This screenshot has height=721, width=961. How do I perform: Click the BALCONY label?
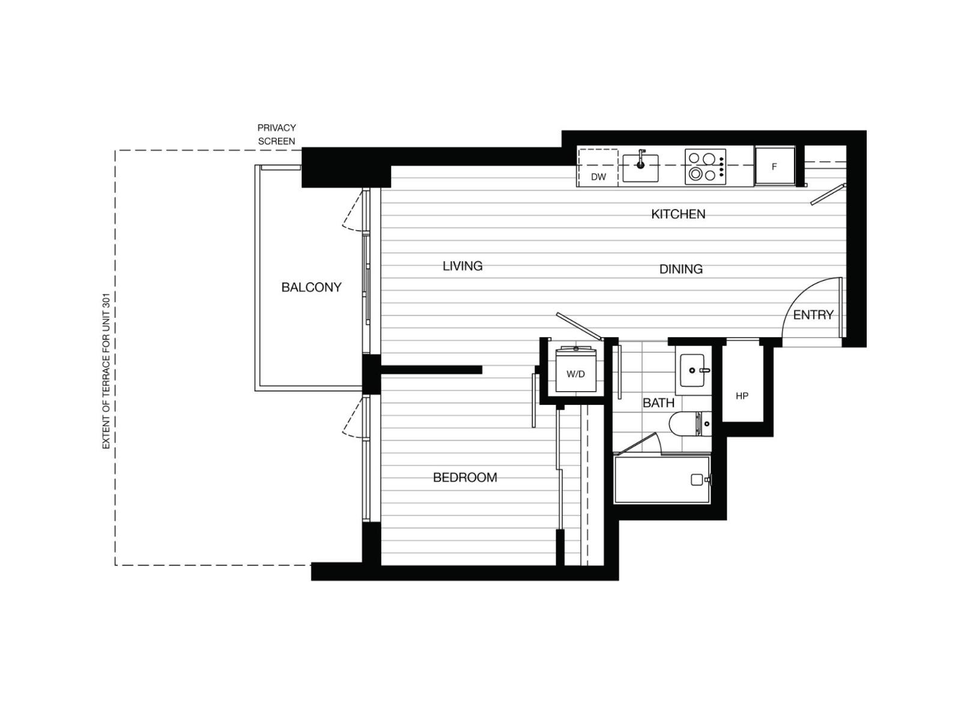(311, 287)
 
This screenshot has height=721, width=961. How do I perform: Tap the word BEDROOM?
(465, 477)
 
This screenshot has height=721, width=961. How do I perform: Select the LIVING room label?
(462, 266)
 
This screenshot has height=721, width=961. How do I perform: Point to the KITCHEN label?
(678, 214)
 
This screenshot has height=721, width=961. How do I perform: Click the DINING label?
(681, 269)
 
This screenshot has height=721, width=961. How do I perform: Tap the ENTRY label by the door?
(813, 315)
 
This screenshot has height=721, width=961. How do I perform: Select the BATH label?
(658, 403)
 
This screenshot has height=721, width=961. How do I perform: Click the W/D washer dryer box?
(575, 373)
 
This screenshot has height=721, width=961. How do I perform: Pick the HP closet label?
(742, 396)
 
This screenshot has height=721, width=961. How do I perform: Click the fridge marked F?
(774, 166)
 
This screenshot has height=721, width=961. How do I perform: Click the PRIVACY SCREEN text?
(276, 135)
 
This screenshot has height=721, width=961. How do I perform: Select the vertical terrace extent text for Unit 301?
(106, 371)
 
